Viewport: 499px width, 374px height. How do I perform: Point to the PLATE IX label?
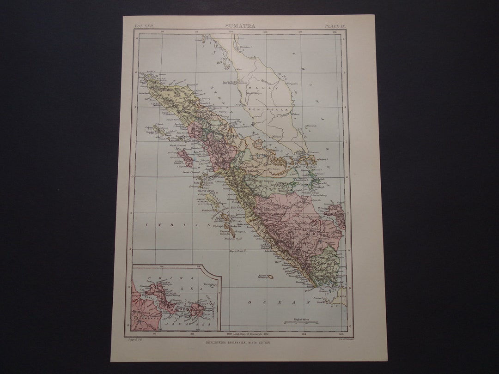click(x=335, y=26)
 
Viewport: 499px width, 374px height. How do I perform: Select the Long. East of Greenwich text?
click(x=244, y=333)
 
